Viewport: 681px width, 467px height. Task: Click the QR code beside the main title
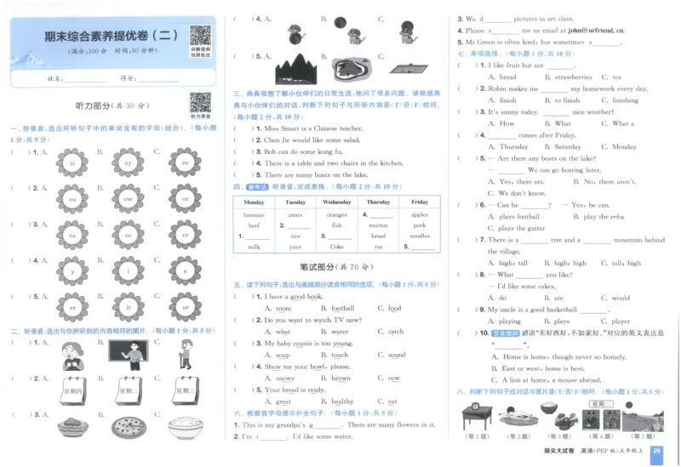[x=200, y=37]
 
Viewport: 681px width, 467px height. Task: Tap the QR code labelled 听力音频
[x=200, y=103]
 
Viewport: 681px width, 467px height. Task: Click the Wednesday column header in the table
[x=337, y=202]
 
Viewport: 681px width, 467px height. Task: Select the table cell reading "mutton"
[x=378, y=225]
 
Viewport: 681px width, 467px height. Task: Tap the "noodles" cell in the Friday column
[x=420, y=236]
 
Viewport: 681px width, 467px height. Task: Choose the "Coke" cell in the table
[x=337, y=247]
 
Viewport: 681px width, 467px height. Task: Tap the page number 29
[x=655, y=452]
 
